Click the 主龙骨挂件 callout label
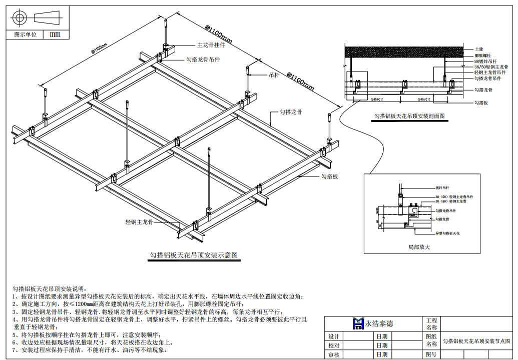tap(211, 44)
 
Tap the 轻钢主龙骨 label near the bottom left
tap(139, 221)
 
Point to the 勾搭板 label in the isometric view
tap(330, 176)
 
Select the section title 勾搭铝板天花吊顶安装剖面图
tap(410, 116)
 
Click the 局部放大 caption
tap(419, 247)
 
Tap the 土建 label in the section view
tap(479, 49)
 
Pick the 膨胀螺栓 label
tap(482, 55)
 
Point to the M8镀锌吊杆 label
tap(485, 61)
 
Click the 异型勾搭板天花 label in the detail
tap(447, 233)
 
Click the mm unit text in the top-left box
tap(55, 34)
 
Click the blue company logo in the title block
tap(358, 323)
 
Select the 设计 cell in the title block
tap(333, 336)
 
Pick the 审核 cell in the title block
tap(333, 354)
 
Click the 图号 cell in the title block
tap(431, 354)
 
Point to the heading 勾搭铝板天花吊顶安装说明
tap(49, 288)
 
